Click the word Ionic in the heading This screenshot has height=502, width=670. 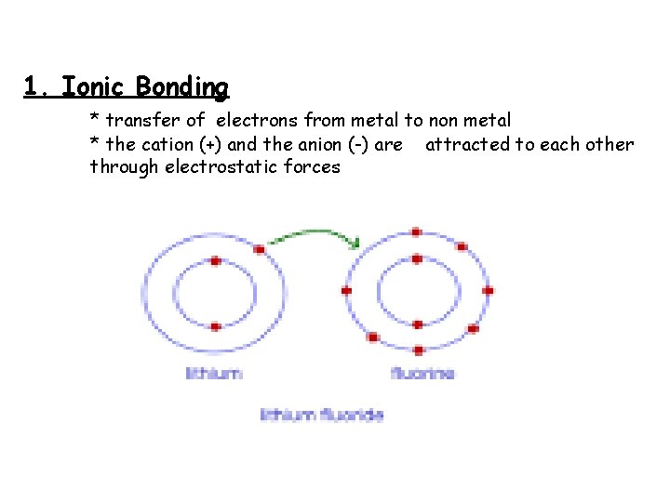[x=93, y=87]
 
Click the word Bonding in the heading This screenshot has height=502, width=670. [x=181, y=88]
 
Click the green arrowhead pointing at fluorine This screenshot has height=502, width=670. [x=355, y=244]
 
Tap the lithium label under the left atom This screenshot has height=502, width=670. [x=214, y=374]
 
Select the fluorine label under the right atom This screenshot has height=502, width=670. [x=423, y=374]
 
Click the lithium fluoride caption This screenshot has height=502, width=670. [x=323, y=415]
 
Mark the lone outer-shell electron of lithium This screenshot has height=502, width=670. [x=259, y=247]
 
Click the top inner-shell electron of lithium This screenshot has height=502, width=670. [x=215, y=261]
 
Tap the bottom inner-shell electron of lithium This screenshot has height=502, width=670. [x=215, y=326]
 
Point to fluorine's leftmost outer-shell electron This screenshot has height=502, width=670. [x=346, y=291]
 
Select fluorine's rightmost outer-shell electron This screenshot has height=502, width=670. [x=488, y=290]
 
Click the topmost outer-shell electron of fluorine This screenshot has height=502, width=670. [x=417, y=231]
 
